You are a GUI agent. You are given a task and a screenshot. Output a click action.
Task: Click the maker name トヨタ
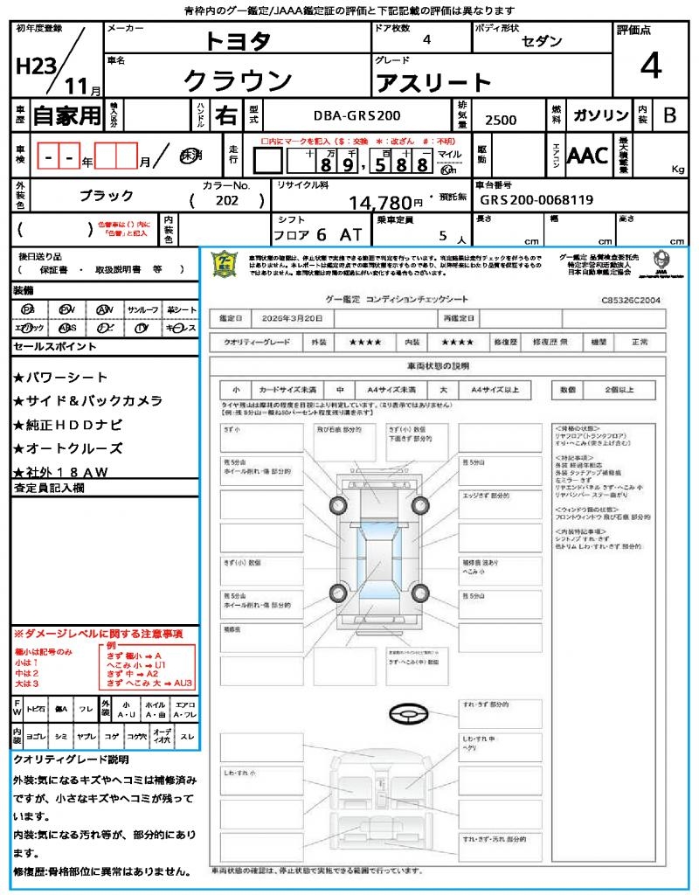click(238, 40)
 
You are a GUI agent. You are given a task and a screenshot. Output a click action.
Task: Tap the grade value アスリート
click(433, 83)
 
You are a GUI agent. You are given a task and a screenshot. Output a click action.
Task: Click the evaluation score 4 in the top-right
click(650, 66)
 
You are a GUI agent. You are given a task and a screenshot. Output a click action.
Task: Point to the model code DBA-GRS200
click(357, 115)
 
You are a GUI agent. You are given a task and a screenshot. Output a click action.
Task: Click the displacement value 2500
click(501, 121)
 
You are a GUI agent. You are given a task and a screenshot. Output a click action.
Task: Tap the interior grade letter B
click(669, 115)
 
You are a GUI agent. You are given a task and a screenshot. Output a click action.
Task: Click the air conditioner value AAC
click(587, 156)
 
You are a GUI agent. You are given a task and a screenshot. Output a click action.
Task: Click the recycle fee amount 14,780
click(386, 203)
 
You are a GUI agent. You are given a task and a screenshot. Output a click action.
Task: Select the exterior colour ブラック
click(107, 196)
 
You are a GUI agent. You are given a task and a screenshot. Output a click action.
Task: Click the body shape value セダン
click(542, 41)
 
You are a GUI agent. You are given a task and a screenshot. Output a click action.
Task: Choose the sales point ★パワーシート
click(60, 378)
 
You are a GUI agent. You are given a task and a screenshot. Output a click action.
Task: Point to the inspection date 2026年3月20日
click(295, 318)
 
